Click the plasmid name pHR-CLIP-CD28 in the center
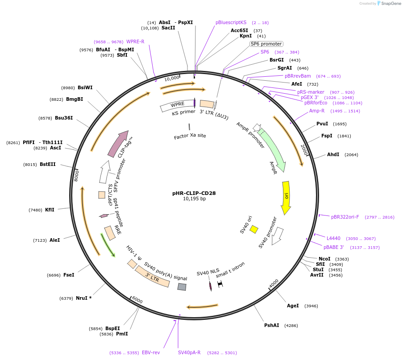click(194, 193)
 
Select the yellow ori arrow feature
click(286, 196)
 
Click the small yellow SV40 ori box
click(253, 229)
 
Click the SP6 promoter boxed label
click(266, 44)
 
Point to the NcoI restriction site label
click(324, 259)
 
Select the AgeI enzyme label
click(293, 306)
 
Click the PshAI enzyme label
click(271, 325)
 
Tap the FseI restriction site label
click(69, 275)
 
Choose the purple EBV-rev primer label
click(151, 352)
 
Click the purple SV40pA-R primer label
click(189, 352)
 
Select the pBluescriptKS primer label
click(231, 22)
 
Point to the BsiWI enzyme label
click(85, 87)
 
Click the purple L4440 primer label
click(333, 238)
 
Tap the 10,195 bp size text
click(194, 199)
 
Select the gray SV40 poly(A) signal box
click(182, 287)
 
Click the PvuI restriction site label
click(322, 124)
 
